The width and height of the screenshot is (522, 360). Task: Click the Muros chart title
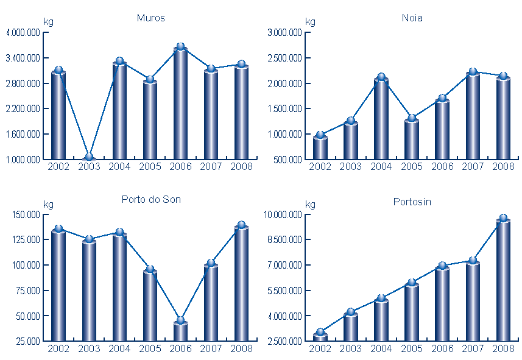pyautogui.click(x=150, y=18)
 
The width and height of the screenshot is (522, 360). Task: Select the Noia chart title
pyautogui.click(x=412, y=18)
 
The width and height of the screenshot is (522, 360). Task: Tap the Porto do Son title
pyautogui.click(x=151, y=200)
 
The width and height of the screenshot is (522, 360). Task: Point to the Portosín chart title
pyautogui.click(x=412, y=202)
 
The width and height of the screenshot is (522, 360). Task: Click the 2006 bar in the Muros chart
pyautogui.click(x=180, y=104)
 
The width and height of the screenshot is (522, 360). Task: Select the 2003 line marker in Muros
pyautogui.click(x=89, y=157)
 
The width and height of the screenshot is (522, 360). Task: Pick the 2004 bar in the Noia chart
pyautogui.click(x=381, y=119)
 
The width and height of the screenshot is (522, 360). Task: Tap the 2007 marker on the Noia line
pyautogui.click(x=473, y=72)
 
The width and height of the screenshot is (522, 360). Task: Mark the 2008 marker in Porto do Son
pyautogui.click(x=241, y=225)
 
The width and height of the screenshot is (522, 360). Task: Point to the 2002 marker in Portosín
pyautogui.click(x=320, y=333)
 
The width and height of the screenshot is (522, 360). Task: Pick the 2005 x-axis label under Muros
pyautogui.click(x=150, y=167)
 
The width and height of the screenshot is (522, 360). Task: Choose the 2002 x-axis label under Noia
pyautogui.click(x=320, y=167)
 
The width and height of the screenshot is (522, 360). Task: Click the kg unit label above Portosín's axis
pyautogui.click(x=310, y=205)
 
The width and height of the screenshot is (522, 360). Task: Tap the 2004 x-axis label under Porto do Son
pyautogui.click(x=119, y=348)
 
